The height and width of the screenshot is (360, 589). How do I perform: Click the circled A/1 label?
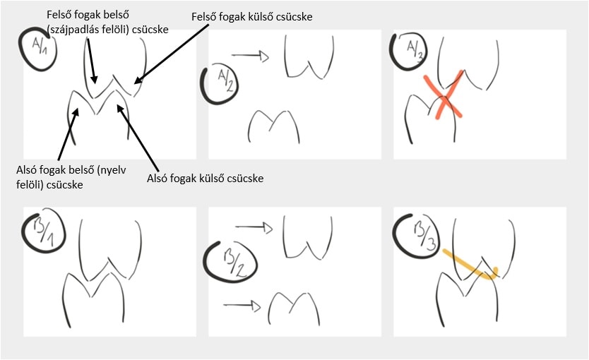[x=37, y=49]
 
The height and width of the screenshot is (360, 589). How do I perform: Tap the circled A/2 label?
[x=219, y=85]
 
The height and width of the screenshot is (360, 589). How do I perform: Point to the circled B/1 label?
[x=44, y=233]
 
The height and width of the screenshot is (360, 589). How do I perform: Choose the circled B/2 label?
[x=230, y=261]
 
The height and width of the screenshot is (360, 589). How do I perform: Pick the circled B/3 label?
[x=415, y=234]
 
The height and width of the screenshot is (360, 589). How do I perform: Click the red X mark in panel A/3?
[x=444, y=97]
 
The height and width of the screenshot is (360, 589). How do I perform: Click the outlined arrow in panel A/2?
[x=250, y=56]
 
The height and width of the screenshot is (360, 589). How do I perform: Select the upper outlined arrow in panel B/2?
[x=254, y=227]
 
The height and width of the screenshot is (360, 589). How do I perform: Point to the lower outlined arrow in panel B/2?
[x=242, y=306]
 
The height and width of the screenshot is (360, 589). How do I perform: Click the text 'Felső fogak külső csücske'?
[x=251, y=17]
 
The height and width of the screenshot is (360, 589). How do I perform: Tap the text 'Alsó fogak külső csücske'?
[x=205, y=178]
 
